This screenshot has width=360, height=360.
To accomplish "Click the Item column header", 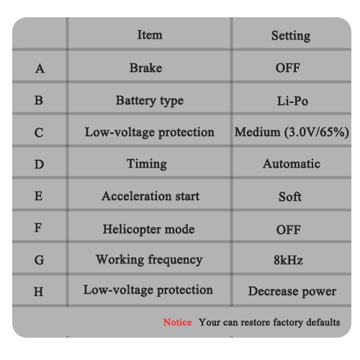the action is (150, 35).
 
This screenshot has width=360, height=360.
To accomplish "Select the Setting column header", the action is (291, 36).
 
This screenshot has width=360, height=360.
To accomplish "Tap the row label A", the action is (40, 68).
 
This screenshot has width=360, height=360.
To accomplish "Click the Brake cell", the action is (145, 68).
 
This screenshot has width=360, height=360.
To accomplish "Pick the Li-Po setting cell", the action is (292, 101).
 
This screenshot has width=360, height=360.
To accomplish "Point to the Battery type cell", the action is (150, 101).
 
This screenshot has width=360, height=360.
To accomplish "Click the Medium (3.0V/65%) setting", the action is (292, 132).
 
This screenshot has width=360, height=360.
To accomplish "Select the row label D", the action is (39, 164).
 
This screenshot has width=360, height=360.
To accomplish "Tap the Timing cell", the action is (147, 164).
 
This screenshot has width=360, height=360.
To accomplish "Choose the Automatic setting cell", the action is (292, 164).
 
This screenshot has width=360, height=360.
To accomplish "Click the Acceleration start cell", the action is (150, 196).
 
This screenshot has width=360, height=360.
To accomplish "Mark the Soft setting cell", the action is (290, 197).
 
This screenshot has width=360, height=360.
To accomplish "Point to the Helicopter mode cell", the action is (149, 229).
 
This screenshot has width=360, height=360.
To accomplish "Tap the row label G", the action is (39, 260).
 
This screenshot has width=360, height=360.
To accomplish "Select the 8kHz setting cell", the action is (288, 260).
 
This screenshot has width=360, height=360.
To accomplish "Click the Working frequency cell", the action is (149, 260).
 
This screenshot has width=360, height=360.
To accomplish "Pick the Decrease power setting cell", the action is (292, 292).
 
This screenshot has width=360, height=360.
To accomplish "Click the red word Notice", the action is (177, 322).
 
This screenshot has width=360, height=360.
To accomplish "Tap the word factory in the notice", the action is (288, 323).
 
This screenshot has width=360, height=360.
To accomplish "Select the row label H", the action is (39, 292).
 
